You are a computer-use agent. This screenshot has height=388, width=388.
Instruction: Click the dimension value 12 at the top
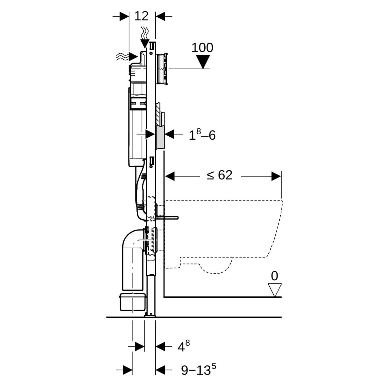[x=141, y=16]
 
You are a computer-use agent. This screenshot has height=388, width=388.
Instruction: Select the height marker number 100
[x=202, y=48]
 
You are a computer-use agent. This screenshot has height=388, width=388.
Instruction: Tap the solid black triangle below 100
[x=203, y=62]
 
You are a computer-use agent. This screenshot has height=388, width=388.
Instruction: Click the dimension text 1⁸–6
[x=202, y=135]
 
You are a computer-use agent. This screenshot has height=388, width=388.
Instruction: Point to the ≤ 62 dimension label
[x=220, y=175]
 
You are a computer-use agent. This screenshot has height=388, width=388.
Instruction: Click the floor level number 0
[x=274, y=276]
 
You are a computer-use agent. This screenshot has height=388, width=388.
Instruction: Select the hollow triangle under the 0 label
[x=275, y=289]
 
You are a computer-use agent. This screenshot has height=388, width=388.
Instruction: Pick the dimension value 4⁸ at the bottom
[x=184, y=347]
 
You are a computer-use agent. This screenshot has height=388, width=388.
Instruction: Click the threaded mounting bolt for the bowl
[x=167, y=217]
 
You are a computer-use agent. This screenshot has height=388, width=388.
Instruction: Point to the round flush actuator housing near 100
[x=162, y=69]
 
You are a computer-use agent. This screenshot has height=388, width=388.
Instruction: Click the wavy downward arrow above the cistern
[x=145, y=38]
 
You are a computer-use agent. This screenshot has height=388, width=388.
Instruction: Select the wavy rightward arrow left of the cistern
[x=127, y=56]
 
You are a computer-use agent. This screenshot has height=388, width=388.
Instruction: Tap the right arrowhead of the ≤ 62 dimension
[x=276, y=176]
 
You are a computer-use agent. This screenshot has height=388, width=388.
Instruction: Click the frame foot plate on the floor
[x=150, y=315]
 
